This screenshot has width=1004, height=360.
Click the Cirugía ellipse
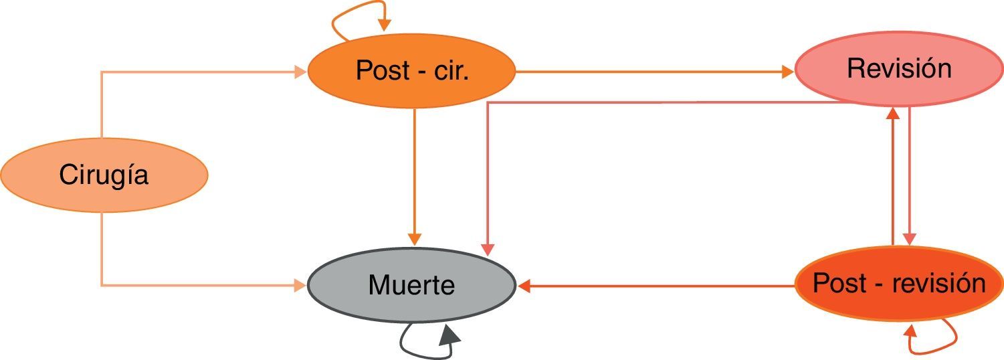(x=104, y=175)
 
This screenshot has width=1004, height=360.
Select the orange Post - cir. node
(x=411, y=70)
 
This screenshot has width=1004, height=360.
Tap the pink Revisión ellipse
(x=898, y=69)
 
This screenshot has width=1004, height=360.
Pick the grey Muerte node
(x=411, y=286)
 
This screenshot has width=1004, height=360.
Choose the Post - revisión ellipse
(x=898, y=284)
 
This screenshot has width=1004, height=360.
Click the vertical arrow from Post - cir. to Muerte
(x=415, y=174)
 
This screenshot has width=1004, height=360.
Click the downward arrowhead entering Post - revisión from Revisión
(x=909, y=239)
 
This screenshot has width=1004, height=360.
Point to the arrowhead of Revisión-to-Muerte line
(x=488, y=248)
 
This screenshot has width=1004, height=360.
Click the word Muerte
(x=411, y=286)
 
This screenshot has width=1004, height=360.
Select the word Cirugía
(x=104, y=175)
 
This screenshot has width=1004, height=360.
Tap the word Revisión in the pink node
(x=898, y=69)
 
